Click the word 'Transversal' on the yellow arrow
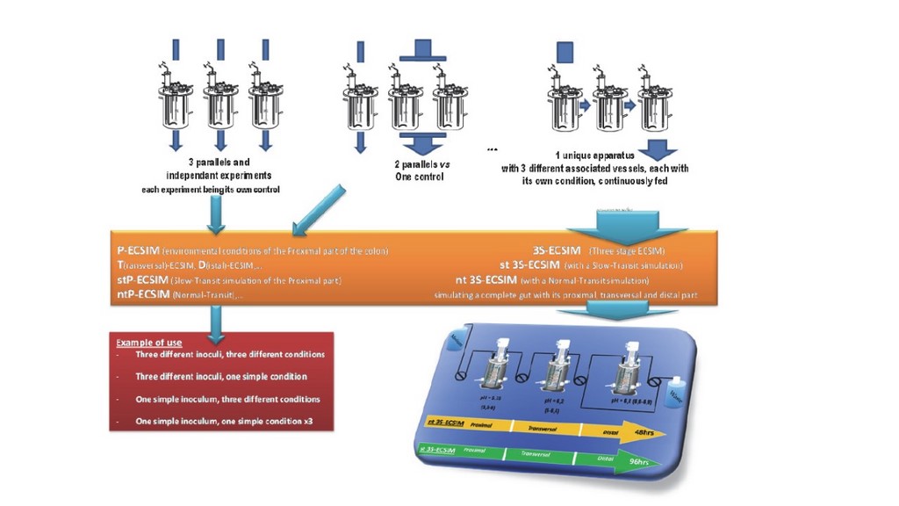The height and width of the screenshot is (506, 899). point(544,429)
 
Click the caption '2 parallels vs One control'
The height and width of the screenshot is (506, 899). point(419,170)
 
